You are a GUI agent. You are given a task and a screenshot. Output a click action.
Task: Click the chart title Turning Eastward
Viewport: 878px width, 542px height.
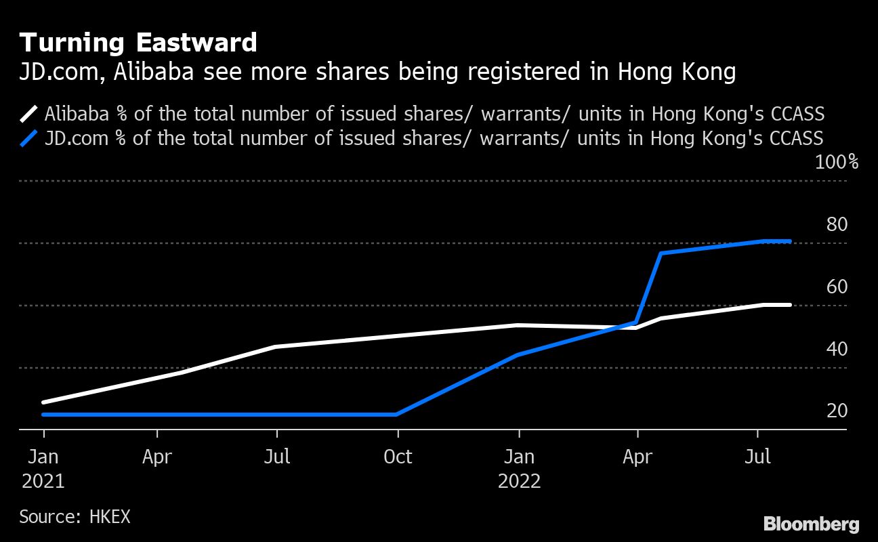[x=138, y=43]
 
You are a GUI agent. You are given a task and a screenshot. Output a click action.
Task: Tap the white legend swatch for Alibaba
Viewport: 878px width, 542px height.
[x=30, y=113]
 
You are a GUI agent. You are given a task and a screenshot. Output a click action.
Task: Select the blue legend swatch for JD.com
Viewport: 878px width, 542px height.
[x=30, y=138]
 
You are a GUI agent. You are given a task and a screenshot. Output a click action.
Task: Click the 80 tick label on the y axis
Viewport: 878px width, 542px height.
[x=837, y=224]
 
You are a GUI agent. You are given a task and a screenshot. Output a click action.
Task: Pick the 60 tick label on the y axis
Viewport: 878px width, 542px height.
[x=837, y=287]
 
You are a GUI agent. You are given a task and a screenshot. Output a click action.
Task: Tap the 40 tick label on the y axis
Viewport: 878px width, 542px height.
[x=837, y=349]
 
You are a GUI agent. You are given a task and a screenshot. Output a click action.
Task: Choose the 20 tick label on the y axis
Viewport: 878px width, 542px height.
[x=837, y=411]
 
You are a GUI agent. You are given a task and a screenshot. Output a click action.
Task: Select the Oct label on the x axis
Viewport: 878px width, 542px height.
[x=398, y=457]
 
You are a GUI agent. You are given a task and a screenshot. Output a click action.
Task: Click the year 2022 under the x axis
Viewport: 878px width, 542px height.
[x=519, y=482]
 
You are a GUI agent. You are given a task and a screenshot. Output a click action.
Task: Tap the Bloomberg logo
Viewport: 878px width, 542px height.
[x=811, y=524]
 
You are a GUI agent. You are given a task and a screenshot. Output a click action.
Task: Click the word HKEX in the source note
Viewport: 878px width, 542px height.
[x=109, y=517]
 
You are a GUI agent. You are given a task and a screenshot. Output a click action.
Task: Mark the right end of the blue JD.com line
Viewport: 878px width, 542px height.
[x=789, y=241]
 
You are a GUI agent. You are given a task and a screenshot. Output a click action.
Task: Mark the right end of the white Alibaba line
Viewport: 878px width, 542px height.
[x=789, y=305]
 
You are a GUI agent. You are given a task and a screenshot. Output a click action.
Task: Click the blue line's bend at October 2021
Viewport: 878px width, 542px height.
[x=397, y=414]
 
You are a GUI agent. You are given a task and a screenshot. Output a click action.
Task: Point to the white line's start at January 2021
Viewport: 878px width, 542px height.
[x=43, y=402]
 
